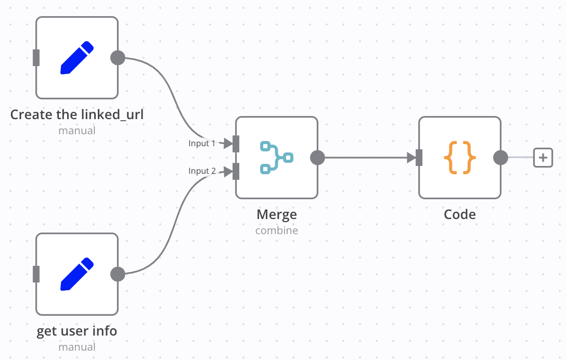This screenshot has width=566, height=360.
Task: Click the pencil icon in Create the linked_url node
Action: tap(77, 58)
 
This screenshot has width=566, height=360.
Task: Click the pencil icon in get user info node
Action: tap(77, 274)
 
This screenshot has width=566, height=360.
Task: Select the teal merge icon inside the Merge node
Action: tap(276, 157)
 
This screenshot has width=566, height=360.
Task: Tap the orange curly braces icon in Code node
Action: tap(460, 157)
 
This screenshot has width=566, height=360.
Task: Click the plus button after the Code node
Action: tap(543, 157)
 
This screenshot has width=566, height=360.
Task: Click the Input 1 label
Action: tap(202, 143)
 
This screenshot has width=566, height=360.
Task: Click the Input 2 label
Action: tap(202, 171)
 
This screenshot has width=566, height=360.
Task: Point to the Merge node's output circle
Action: tap(317, 157)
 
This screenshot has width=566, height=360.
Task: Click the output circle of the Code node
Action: tap(500, 157)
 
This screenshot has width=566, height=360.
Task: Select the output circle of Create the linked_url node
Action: tap(118, 58)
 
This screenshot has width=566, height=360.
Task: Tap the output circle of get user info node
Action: tap(118, 274)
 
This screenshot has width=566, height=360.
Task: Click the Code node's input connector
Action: tap(419, 157)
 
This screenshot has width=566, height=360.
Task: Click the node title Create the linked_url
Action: tap(77, 114)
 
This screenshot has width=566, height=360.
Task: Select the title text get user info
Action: tap(77, 331)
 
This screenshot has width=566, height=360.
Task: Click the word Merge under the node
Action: tap(276, 214)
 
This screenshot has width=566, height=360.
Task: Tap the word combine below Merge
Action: tap(276, 230)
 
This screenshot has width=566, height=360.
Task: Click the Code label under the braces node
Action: tap(460, 214)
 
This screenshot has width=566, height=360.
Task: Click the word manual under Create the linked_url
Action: tap(77, 130)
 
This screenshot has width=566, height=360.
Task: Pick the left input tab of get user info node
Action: tap(36, 274)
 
